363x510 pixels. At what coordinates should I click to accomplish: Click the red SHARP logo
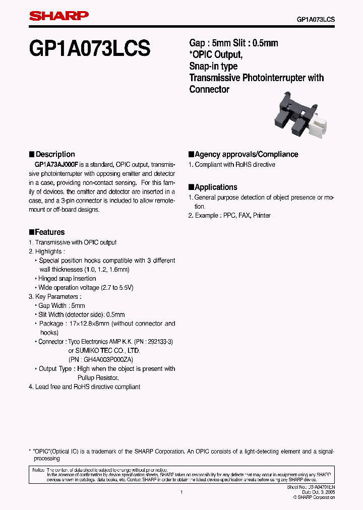click(58, 17)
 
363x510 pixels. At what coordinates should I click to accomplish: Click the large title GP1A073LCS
click(90, 49)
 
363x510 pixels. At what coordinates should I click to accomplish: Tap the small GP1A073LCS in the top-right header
click(316, 19)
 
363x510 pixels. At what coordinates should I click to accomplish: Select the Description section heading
click(55, 154)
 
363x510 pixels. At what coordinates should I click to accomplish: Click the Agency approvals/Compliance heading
click(246, 154)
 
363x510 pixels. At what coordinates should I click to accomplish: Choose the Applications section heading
click(216, 187)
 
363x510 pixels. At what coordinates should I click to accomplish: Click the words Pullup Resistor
click(98, 377)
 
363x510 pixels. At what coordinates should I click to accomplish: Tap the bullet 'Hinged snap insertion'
click(67, 279)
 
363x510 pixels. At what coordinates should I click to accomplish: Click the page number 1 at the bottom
click(181, 492)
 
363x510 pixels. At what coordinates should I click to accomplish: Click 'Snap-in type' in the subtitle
click(213, 66)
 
